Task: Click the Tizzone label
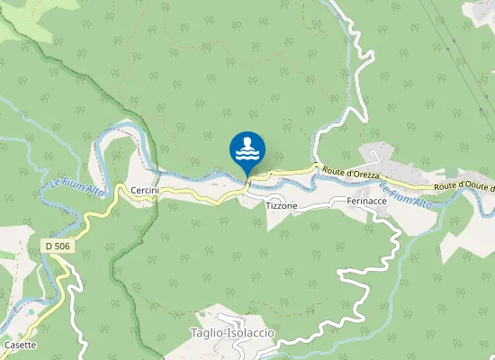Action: coord(282,206)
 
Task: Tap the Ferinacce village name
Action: coord(366,202)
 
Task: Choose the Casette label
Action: coord(20,345)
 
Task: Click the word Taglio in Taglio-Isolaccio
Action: coord(207,333)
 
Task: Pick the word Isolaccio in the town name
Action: coord(252,333)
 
